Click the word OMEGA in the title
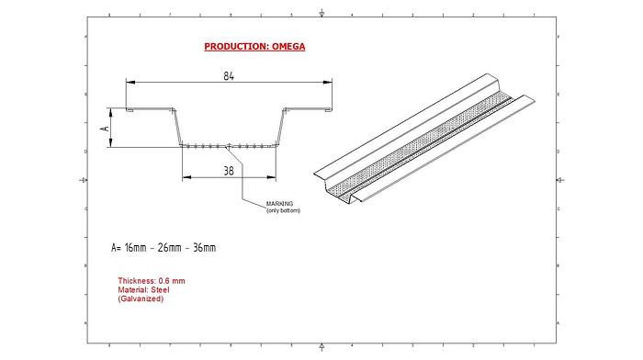286,46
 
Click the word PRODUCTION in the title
234,46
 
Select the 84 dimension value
229,77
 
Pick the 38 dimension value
229,169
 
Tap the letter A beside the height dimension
106,128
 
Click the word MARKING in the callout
279,204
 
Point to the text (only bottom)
283,211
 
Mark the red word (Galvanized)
141,298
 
